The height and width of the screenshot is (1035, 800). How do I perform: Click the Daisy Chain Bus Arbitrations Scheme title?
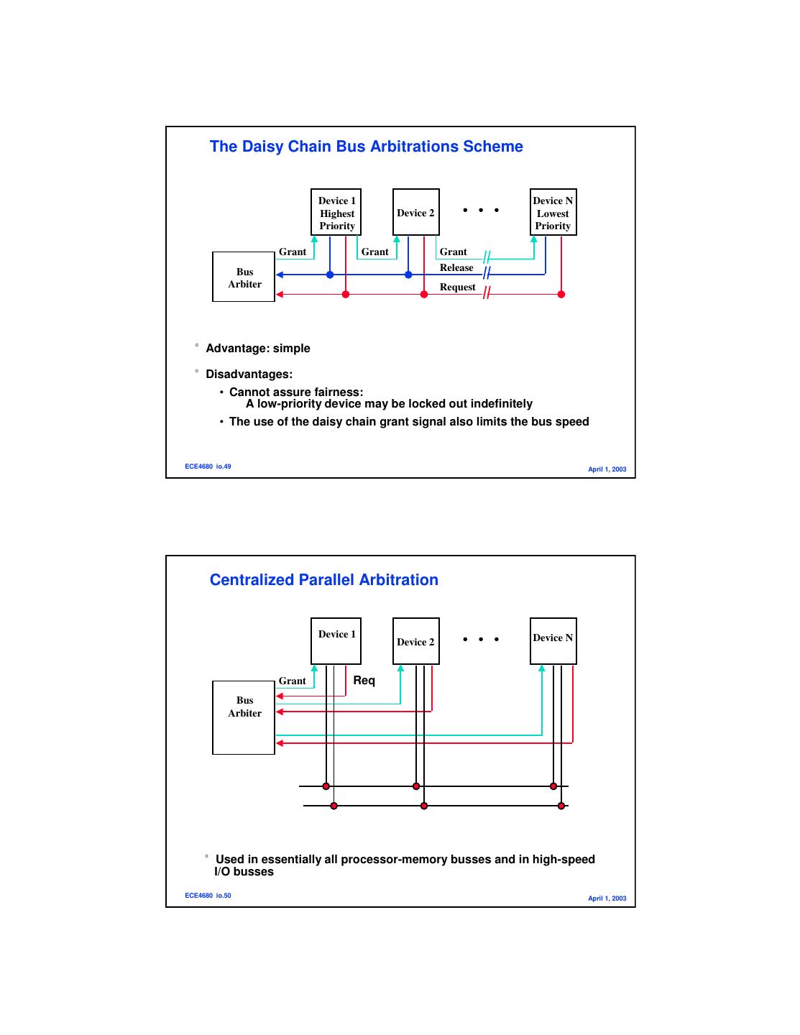[x=366, y=147]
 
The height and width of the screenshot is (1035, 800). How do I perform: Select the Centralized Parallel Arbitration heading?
[x=323, y=580]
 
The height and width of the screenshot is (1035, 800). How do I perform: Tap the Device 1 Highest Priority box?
[x=336, y=213]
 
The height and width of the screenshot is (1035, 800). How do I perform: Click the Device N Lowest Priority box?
[x=553, y=213]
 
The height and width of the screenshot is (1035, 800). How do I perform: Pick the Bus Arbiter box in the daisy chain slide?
[x=244, y=277]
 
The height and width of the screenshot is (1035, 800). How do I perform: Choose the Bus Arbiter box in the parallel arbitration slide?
[x=244, y=717]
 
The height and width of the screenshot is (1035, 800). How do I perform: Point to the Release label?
[x=456, y=268]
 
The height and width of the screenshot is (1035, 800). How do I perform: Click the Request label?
[x=457, y=287]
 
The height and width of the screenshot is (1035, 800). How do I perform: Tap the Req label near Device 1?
[x=364, y=681]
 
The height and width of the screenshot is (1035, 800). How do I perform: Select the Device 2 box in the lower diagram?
[x=415, y=641]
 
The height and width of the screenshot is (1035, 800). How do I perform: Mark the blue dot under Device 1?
[x=330, y=275]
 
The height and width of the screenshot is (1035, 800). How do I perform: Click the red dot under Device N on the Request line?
[x=561, y=294]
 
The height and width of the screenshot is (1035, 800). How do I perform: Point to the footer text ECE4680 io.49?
[x=208, y=466]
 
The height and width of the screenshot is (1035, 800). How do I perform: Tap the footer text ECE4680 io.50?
[x=208, y=896]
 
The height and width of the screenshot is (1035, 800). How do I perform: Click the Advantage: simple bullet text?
[x=258, y=349]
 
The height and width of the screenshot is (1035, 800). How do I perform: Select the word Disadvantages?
[x=249, y=374]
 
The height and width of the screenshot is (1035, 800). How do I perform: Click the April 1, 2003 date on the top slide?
[x=607, y=469]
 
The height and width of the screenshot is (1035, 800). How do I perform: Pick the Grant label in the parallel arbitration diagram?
[x=292, y=681]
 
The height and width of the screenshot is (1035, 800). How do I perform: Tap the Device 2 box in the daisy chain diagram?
[x=415, y=213]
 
